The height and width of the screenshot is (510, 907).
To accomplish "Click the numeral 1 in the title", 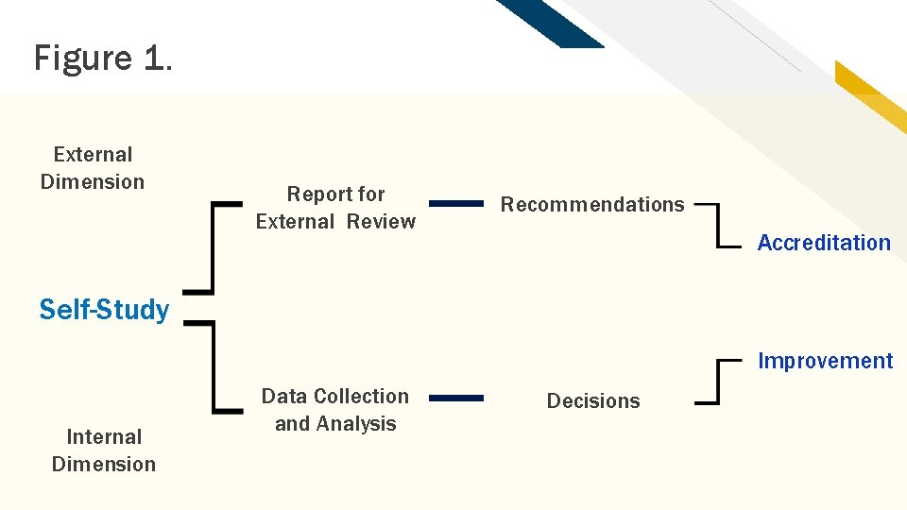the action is coord(153,59).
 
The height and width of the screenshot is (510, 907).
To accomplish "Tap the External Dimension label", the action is coord(93,168).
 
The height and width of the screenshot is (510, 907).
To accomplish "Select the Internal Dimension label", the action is coord(104,450).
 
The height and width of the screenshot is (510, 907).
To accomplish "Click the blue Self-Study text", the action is coord(104,310).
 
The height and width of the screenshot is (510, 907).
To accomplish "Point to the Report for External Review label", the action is coord(335,208).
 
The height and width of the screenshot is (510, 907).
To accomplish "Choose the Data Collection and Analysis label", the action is coord(335,410).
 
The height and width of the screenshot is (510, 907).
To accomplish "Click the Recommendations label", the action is coord(592,204).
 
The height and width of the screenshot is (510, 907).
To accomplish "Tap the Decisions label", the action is coord(593,400).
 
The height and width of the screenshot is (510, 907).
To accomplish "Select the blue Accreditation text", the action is coord(824,243).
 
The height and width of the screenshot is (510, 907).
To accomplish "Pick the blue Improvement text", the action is coord(825,361).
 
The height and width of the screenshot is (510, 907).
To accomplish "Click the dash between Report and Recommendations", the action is coord(456,202).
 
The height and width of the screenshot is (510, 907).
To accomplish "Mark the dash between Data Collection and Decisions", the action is coord(456,398).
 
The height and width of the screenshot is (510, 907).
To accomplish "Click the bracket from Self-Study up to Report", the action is coord(214,247).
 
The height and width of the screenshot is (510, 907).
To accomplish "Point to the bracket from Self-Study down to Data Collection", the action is coord(214,366).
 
